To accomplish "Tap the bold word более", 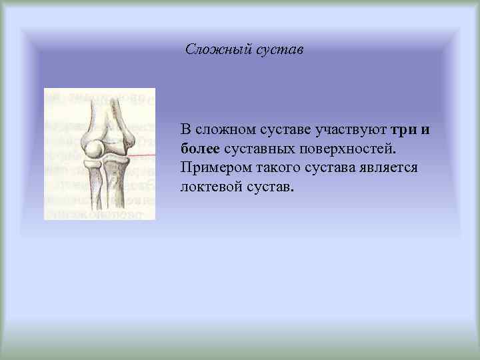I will pos(201,147).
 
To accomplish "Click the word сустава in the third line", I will pos(328,167).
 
